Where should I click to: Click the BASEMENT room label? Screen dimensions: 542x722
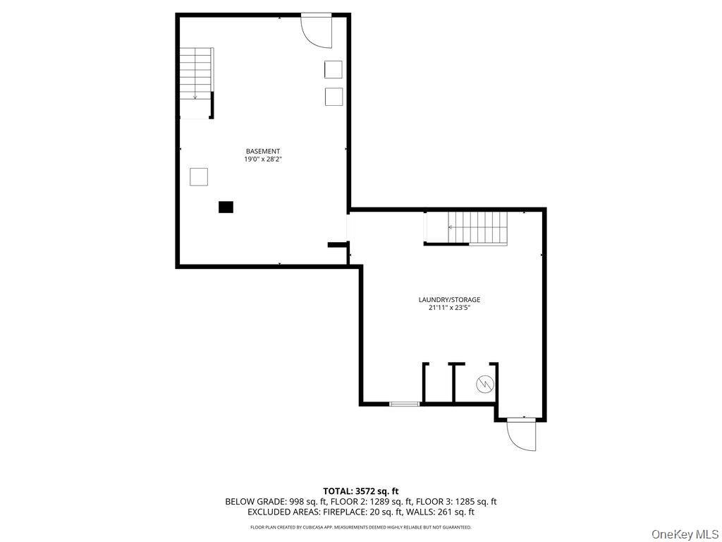pyautogui.click(x=262, y=151)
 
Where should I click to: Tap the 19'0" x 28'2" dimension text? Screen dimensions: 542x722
pyautogui.click(x=262, y=159)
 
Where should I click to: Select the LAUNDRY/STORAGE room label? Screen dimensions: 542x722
pyautogui.click(x=449, y=299)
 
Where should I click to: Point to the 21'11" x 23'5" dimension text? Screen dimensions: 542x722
pyautogui.click(x=449, y=308)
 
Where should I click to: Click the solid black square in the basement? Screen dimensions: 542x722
pyautogui.click(x=226, y=207)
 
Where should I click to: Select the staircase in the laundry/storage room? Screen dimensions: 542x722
pyautogui.click(x=478, y=229)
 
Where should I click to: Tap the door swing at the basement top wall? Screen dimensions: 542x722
pyautogui.click(x=317, y=30)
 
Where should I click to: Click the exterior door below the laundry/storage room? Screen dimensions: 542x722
pyautogui.click(x=521, y=434)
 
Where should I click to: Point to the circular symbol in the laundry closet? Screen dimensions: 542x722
pyautogui.click(x=485, y=384)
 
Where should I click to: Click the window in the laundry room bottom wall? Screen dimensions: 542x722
pyautogui.click(x=405, y=404)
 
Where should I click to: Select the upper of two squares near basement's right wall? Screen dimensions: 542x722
pyautogui.click(x=334, y=69)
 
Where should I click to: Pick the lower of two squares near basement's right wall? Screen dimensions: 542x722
pyautogui.click(x=334, y=96)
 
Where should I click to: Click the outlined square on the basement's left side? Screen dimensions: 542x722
pyautogui.click(x=199, y=176)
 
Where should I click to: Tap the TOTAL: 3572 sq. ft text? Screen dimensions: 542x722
pyautogui.click(x=361, y=490)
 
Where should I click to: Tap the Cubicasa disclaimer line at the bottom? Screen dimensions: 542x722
pyautogui.click(x=361, y=526)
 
